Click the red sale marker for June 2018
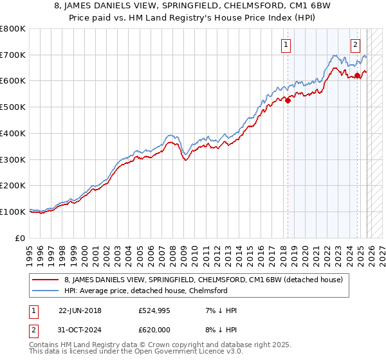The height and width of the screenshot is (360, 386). coord(288,100)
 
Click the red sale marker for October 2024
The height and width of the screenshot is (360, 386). coord(358,75)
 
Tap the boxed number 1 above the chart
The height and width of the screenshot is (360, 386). coord(285,45)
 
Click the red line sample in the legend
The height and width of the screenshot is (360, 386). coord(44,280)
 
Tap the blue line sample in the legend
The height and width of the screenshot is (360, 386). coord(44,290)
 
